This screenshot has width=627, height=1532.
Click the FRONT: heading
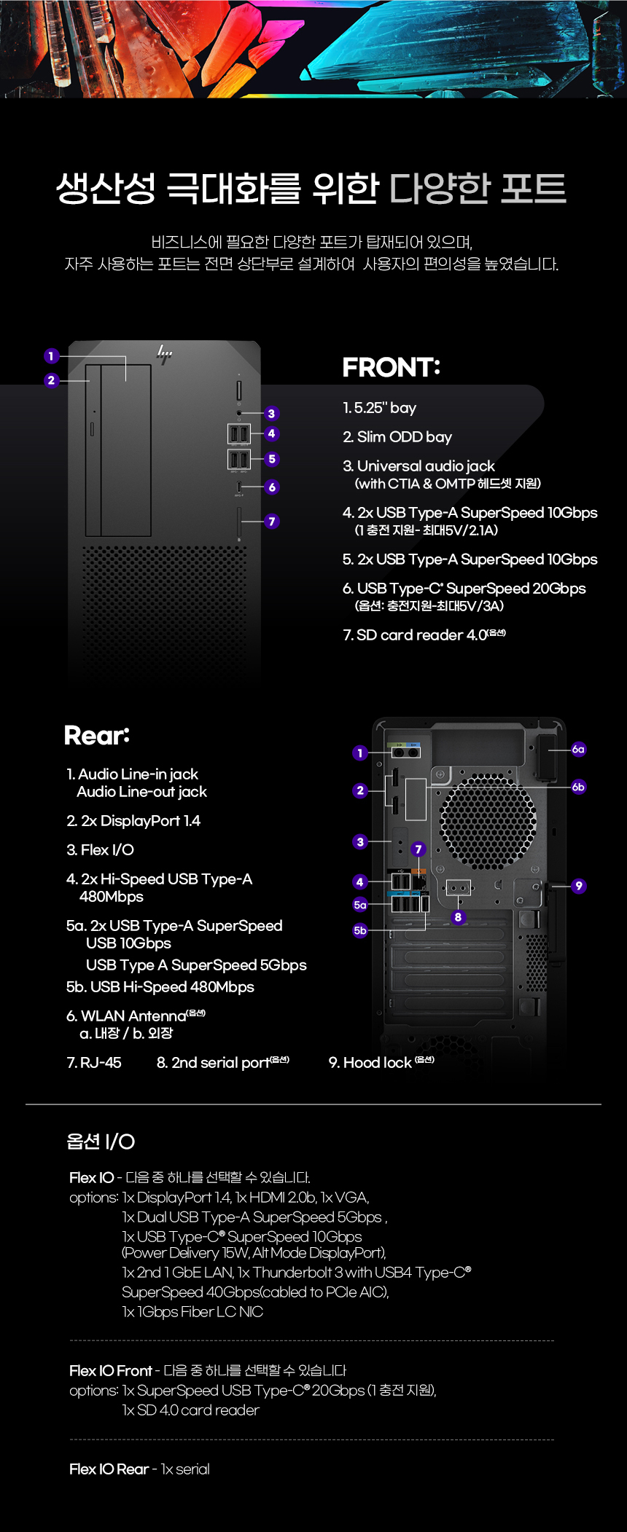pyautogui.click(x=391, y=367)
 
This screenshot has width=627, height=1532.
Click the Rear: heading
pyautogui.click(x=97, y=735)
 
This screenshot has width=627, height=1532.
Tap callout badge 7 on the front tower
pyautogui.click(x=272, y=522)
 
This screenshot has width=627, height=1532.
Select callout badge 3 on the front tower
pyautogui.click(x=271, y=414)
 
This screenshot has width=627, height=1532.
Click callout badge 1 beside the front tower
pyautogui.click(x=51, y=356)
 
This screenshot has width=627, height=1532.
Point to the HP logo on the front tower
pyautogui.click(x=165, y=355)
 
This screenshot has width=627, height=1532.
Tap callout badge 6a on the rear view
pyautogui.click(x=578, y=749)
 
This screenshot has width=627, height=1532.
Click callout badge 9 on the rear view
pyautogui.click(x=579, y=886)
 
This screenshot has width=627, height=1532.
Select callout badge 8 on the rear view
pyautogui.click(x=458, y=917)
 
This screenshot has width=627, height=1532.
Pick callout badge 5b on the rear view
pyautogui.click(x=360, y=930)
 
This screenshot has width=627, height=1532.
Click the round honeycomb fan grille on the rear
pyautogui.click(x=488, y=822)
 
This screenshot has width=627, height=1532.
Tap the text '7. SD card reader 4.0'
pyautogui.click(x=415, y=635)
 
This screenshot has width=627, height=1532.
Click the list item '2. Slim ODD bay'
pyautogui.click(x=397, y=437)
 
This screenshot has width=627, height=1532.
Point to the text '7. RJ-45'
pyautogui.click(x=94, y=1063)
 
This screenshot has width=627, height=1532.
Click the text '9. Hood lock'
pyautogui.click(x=370, y=1063)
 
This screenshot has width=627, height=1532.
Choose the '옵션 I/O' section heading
pyautogui.click(x=101, y=1142)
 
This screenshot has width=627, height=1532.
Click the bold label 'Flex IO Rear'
pyautogui.click(x=109, y=1469)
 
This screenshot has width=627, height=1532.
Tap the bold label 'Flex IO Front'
pyautogui.click(x=111, y=1371)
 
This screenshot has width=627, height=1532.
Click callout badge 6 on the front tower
pyautogui.click(x=272, y=487)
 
